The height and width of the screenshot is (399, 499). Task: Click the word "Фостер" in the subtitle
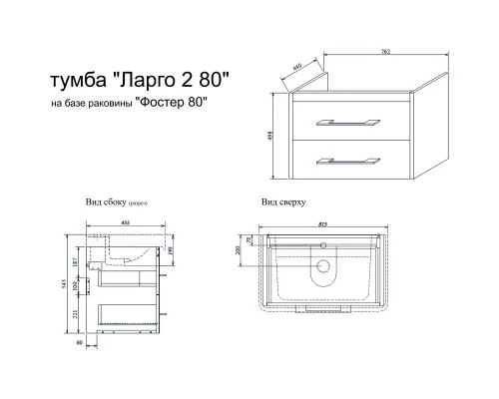[x=163, y=103]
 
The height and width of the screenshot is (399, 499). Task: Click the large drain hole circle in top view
[x=322, y=268]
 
